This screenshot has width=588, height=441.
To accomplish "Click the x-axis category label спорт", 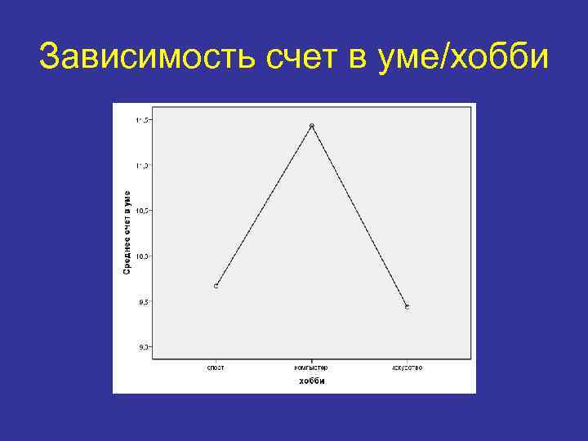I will click(216, 368).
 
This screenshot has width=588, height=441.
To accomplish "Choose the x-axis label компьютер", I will click(311, 368).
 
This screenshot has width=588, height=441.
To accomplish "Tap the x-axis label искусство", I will click(407, 368).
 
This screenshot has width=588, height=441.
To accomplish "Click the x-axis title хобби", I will click(311, 381).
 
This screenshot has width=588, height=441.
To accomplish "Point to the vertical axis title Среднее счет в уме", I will click(127, 233).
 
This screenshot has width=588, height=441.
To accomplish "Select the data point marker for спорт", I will click(216, 286).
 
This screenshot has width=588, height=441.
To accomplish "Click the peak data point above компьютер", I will click(311, 126).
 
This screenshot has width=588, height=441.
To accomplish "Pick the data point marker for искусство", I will click(407, 307).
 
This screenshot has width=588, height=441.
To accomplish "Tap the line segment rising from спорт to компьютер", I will click(263, 206).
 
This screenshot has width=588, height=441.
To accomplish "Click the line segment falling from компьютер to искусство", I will click(359, 216).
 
